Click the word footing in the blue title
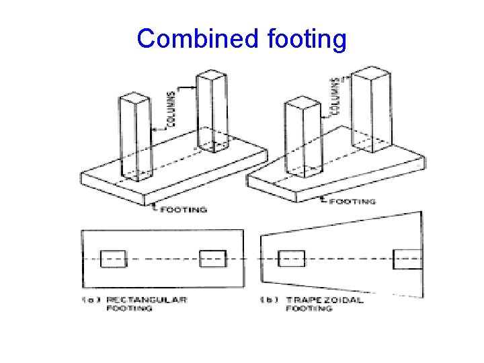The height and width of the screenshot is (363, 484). tap(307, 39)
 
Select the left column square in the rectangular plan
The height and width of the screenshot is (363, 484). tap(113, 259)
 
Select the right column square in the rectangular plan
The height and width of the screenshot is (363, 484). tap(212, 259)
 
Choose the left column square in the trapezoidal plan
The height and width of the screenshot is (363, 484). tap(291, 259)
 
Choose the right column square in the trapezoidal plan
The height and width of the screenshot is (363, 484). tap(407, 259)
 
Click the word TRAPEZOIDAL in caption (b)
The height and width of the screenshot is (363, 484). tap(325, 300)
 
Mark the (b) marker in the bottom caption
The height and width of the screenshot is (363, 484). tap(270, 300)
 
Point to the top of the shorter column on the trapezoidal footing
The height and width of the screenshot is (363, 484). tap(301, 104)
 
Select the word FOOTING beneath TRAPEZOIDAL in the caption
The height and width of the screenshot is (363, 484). tap(309, 309)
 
